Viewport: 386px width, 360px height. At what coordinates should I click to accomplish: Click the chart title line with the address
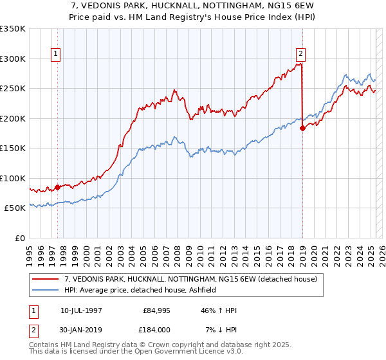(192, 5)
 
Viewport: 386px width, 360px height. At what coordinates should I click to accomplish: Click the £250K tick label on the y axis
(13, 88)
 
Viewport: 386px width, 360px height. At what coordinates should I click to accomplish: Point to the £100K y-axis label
(13, 178)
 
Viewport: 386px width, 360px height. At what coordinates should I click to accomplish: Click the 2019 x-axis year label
(302, 251)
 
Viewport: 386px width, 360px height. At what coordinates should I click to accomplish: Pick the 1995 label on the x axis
(30, 251)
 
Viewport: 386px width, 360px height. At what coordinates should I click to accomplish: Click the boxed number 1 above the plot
(57, 55)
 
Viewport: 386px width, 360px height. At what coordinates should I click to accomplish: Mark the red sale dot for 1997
(57, 187)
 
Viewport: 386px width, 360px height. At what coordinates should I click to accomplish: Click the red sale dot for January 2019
(302, 128)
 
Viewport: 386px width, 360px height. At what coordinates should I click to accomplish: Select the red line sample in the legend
(46, 279)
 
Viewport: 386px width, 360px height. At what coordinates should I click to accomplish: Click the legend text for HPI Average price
(143, 290)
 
